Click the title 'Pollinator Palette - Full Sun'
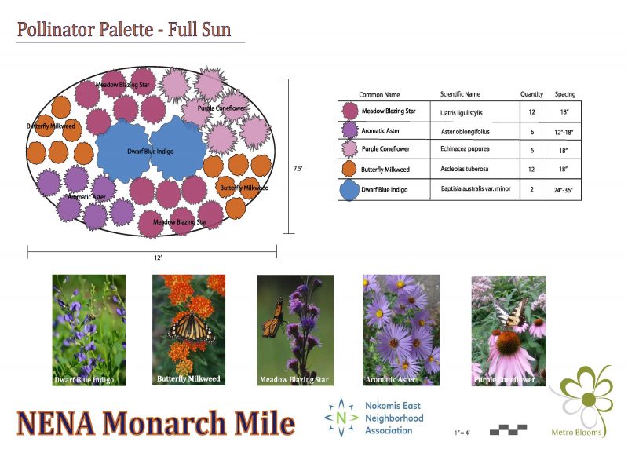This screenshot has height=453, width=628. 124,30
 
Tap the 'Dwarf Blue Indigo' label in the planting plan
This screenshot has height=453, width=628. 151,152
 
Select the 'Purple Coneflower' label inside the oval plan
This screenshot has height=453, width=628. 221,108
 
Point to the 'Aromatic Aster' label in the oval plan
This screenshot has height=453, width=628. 86,196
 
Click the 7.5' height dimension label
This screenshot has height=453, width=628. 298,168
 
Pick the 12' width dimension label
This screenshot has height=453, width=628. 158,258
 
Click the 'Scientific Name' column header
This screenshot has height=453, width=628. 460,94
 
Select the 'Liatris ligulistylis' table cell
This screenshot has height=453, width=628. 462,113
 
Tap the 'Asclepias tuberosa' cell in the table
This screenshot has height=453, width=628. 464,169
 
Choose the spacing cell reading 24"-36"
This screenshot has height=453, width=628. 563,190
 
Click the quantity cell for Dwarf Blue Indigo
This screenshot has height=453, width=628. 532,189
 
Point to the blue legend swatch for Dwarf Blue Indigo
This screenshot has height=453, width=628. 349,190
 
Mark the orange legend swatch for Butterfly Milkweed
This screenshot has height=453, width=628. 349,169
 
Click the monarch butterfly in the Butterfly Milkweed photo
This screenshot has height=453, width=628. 192,328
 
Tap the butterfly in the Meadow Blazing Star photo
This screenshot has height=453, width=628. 273,316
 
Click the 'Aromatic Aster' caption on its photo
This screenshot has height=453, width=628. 390,379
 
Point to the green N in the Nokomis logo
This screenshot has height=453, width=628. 341,418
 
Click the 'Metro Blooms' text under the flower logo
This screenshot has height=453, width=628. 576,432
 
